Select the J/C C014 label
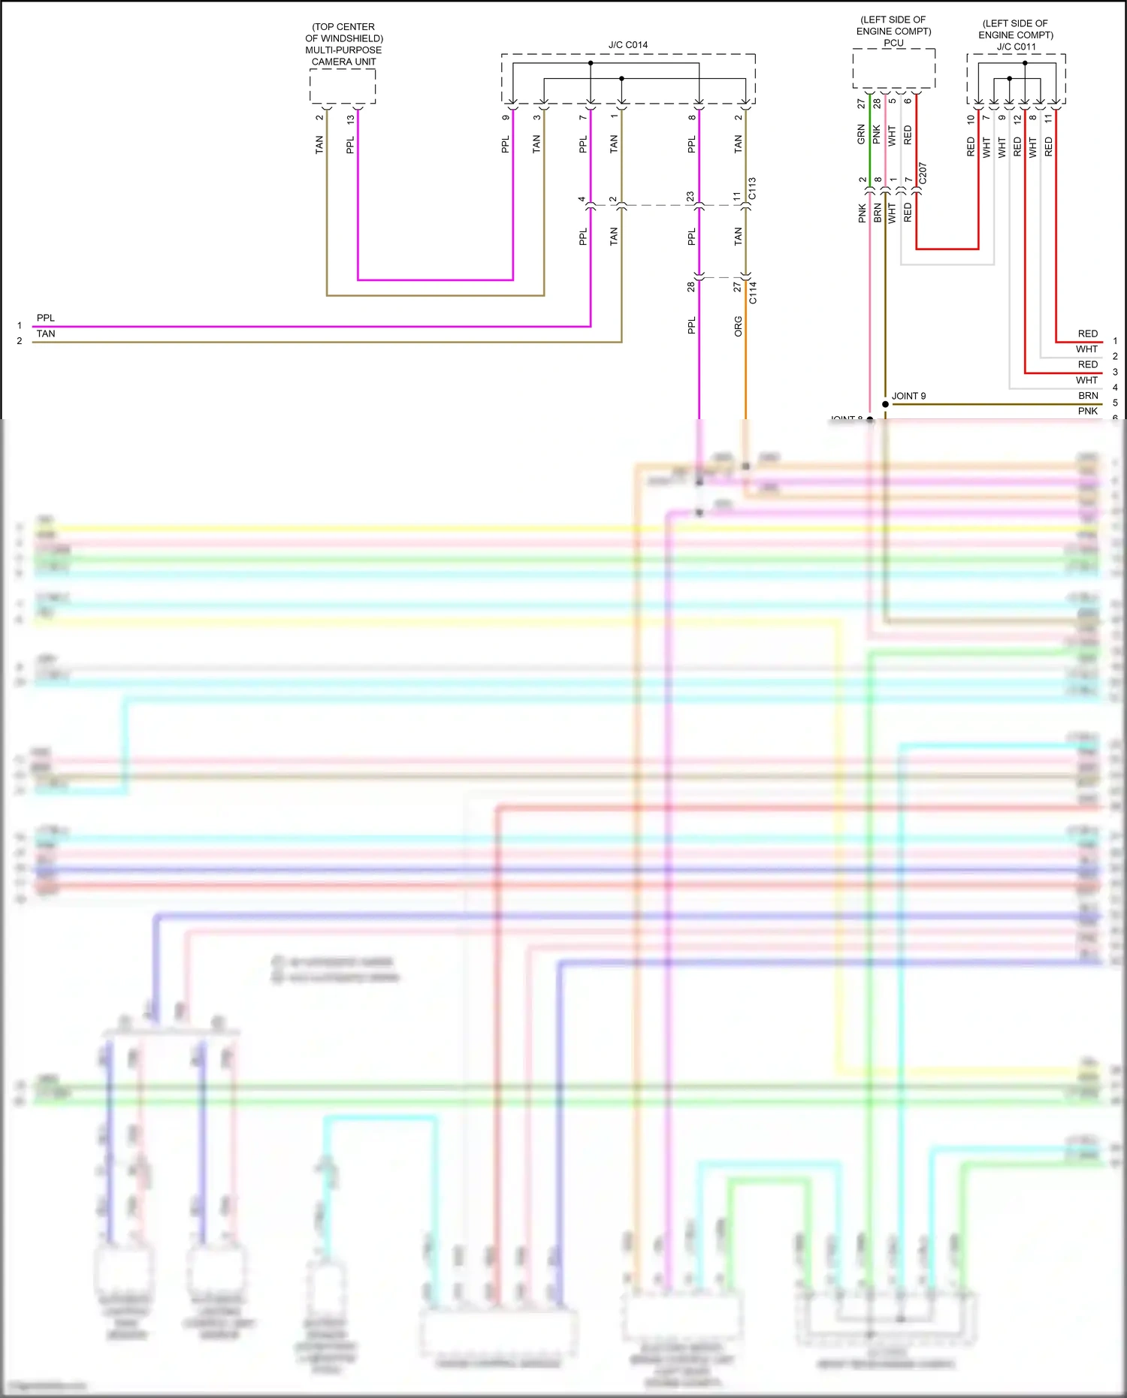coord(627,45)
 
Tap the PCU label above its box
coord(893,43)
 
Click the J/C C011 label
coord(1016,47)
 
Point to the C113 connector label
coord(752,189)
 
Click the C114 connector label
coord(753,292)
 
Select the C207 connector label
coord(923,174)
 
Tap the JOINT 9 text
coord(908,396)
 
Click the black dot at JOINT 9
coord(885,404)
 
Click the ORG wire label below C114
coord(738,325)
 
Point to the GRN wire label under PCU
coord(861,134)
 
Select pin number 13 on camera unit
coord(350,119)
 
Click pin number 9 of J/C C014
coord(506,117)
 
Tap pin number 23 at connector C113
coord(690,197)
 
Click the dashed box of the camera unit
coord(343,86)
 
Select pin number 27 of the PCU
coord(861,104)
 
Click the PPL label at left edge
coord(45,318)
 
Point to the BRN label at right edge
coord(1088,395)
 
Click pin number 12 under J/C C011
coord(1017,119)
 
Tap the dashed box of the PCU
coord(893,69)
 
